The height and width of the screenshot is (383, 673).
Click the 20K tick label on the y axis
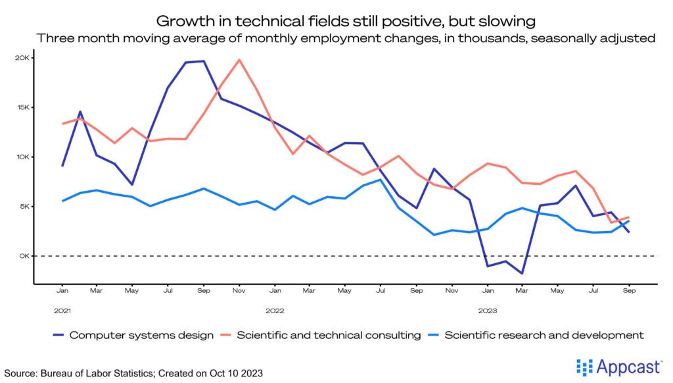pos(22,58)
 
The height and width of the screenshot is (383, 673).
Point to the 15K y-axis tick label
pos(22,107)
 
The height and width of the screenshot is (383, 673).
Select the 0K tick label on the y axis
pos(24,256)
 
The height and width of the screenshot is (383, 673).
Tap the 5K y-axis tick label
pos(24,207)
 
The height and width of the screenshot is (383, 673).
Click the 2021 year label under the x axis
pos(62,309)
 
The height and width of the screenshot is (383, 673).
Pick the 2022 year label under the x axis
pos(275,309)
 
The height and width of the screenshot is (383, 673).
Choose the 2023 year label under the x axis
pos(487,309)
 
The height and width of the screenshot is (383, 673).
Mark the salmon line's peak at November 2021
pos(239,60)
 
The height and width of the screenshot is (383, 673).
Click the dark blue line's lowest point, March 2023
pos(522,273)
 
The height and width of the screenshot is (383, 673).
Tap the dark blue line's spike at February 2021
pos(80,112)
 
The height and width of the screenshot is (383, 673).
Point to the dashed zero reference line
pos(342,256)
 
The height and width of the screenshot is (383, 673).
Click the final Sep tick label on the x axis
pos(629,290)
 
